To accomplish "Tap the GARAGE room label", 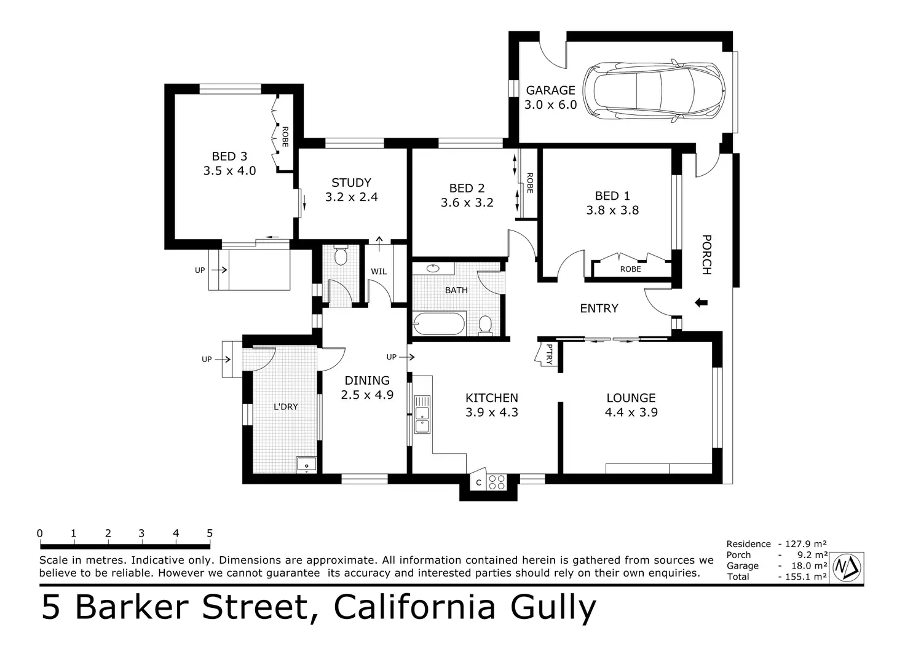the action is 550,90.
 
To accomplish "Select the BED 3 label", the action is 229,156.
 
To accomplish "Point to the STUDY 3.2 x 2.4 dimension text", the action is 351,197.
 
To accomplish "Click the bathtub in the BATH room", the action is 439,323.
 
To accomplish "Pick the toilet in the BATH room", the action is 485,325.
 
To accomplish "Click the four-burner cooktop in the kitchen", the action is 496,483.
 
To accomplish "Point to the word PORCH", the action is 706,254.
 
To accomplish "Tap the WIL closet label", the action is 379,271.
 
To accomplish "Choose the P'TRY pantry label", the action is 548,354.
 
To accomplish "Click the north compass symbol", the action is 847,566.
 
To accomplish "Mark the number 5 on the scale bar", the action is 210,533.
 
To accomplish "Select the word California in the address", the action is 414,607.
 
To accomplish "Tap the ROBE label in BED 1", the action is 630,269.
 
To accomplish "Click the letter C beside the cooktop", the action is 479,483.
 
